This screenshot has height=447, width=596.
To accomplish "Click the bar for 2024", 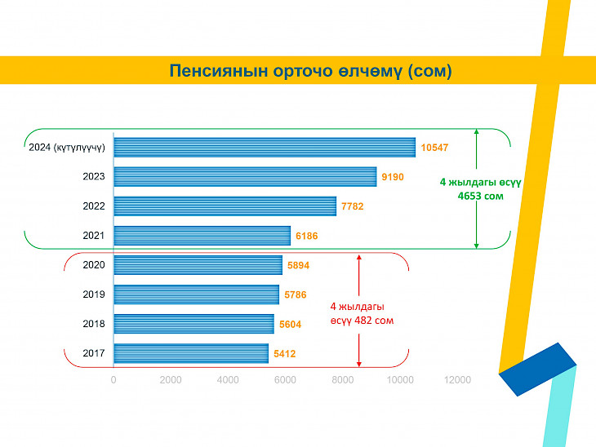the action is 265,148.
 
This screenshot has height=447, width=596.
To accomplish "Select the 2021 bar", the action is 202,236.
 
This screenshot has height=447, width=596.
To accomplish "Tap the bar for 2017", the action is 191,353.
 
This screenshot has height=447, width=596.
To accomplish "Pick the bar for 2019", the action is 197,294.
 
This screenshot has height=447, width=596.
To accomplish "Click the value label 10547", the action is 434,148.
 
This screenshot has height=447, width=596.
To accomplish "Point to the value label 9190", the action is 393,177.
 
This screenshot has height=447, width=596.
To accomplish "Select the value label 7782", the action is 353,206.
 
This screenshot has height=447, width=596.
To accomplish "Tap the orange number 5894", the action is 298,265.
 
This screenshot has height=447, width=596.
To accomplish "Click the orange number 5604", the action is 291,325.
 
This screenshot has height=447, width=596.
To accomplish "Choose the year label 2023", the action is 94,176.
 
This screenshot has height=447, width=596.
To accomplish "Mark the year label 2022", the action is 94,206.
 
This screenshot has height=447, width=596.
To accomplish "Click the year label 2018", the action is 94,324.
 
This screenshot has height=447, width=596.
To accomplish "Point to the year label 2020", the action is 94,265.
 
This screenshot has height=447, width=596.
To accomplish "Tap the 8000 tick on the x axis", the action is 342,380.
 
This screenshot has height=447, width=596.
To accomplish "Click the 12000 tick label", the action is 457,380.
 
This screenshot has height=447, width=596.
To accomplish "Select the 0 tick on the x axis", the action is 113,380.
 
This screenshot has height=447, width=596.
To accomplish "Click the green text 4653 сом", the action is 480,197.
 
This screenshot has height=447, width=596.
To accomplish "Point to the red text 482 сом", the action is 374,321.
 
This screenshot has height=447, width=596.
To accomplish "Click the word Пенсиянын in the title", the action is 219,71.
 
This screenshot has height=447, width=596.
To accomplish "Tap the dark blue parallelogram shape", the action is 537,370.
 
